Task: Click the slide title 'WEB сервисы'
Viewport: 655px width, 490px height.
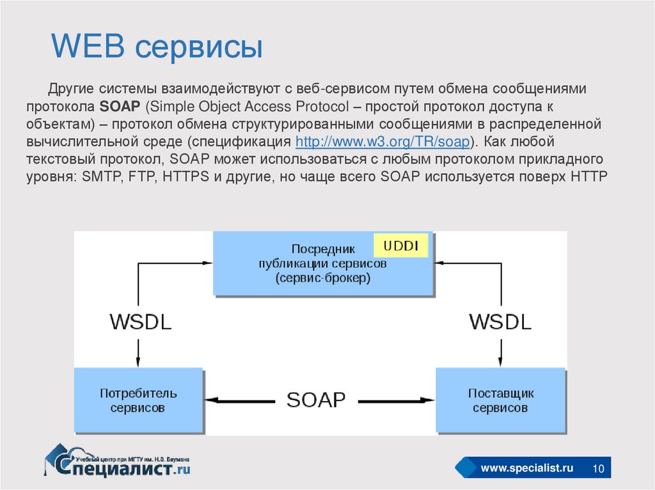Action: [x=157, y=47]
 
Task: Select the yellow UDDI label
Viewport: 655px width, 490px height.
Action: [x=401, y=246]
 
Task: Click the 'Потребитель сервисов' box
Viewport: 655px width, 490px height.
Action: [x=138, y=399]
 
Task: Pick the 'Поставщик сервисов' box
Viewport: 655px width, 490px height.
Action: [x=500, y=399]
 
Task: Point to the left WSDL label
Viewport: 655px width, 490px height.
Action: [x=141, y=321]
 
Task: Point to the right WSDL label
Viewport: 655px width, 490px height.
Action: [x=500, y=321]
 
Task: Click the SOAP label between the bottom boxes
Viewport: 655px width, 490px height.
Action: [x=316, y=400]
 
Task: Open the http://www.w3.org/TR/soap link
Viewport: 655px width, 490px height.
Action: [x=382, y=141]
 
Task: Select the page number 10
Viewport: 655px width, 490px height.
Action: [x=599, y=470]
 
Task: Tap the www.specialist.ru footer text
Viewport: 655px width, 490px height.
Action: [x=526, y=469]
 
